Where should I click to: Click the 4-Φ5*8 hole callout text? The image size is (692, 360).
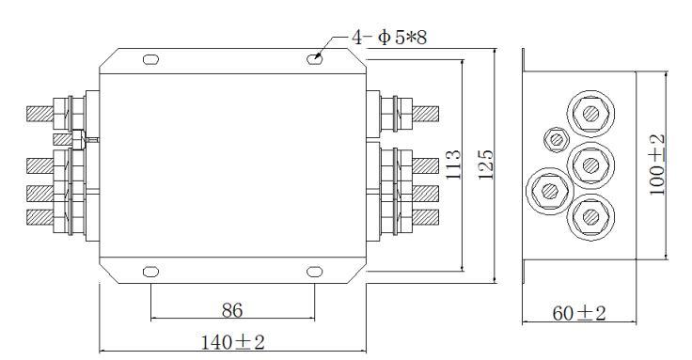(389, 37)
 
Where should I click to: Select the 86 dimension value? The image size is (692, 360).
(232, 310)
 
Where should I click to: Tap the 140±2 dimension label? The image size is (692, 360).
(232, 342)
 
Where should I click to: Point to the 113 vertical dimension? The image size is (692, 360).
(453, 164)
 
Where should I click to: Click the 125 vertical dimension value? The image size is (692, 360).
(486, 164)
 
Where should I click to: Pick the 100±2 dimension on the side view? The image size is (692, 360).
(657, 165)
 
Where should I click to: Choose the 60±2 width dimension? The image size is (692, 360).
(579, 313)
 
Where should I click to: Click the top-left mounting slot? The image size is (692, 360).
(151, 59)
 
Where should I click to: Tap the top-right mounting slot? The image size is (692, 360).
(315, 58)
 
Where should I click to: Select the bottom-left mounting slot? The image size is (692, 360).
(151, 272)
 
